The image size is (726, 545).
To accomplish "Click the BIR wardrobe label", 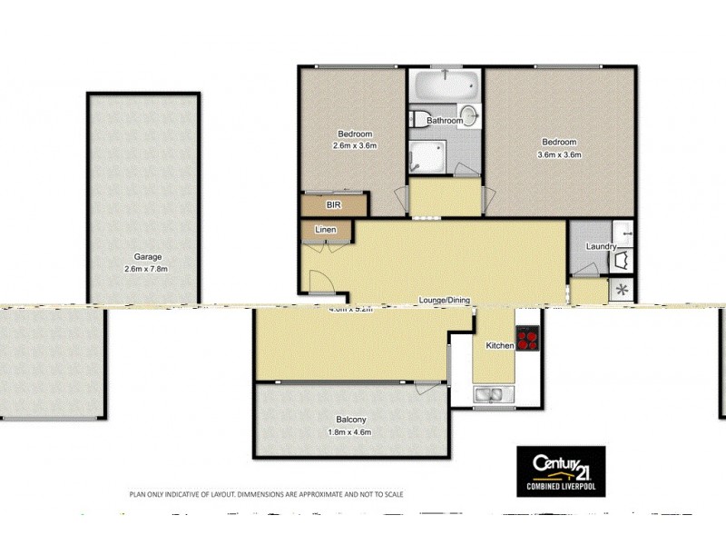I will (x=320, y=206).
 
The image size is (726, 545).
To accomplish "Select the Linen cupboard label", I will (x=326, y=230).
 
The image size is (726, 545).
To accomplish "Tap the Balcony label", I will (x=350, y=419).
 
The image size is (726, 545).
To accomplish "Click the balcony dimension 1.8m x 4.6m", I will (x=350, y=431).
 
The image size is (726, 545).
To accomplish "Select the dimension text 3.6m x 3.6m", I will (x=559, y=154).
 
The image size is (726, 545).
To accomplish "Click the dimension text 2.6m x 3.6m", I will (x=354, y=145).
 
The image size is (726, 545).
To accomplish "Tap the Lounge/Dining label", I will (x=444, y=301).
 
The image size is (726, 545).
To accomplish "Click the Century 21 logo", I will (x=560, y=471).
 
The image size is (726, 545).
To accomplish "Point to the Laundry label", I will (x=601, y=246).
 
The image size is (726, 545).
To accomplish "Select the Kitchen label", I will (x=500, y=346).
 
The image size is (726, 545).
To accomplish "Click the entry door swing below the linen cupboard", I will (x=320, y=281).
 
